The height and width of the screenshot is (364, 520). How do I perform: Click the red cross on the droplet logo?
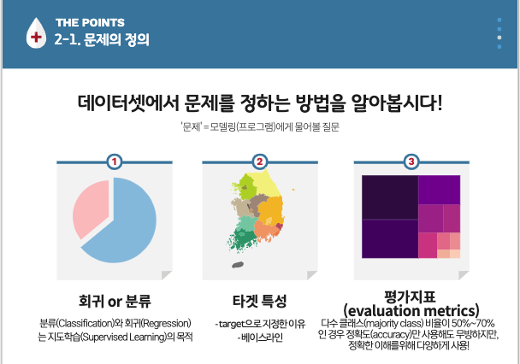click(x=36, y=37)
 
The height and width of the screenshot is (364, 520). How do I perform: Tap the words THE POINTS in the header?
click(x=90, y=22)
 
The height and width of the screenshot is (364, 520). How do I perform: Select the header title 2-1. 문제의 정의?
click(x=102, y=39)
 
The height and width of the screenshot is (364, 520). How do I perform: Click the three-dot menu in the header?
click(x=499, y=33)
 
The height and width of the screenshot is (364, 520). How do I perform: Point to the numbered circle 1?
click(x=115, y=161)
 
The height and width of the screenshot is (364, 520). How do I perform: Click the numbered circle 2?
click(x=260, y=161)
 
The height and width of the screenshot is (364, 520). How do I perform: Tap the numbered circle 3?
click(x=411, y=161)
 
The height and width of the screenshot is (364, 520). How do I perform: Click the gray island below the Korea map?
click(x=238, y=265)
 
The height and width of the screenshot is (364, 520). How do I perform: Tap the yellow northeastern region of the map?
click(x=265, y=184)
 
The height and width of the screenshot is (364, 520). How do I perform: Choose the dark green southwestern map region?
click(x=241, y=238)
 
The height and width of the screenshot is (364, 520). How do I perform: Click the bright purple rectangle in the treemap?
click(x=439, y=190)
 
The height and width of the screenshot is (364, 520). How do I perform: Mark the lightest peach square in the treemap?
click(x=455, y=254)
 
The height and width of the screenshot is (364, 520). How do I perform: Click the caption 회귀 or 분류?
click(x=115, y=301)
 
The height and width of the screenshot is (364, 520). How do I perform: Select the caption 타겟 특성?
click(x=260, y=301)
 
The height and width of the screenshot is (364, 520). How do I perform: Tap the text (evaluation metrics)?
click(x=411, y=311)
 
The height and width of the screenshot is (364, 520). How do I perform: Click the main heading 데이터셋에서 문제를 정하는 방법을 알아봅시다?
click(x=260, y=103)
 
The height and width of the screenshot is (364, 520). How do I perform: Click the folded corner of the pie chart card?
click(x=166, y=275)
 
